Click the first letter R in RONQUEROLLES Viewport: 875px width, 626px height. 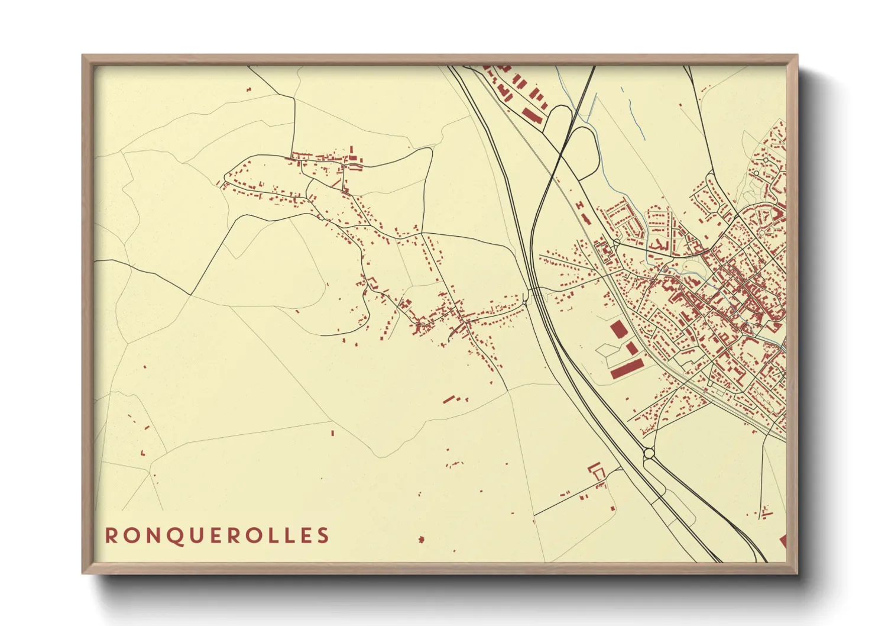(111, 535)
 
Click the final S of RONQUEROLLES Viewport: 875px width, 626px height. (323, 535)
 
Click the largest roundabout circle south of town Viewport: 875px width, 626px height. (649, 454)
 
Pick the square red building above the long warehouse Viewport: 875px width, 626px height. (618, 330)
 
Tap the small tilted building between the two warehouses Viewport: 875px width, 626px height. (631, 348)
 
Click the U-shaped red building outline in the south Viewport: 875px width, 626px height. (597, 470)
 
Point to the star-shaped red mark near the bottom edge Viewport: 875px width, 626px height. (421, 540)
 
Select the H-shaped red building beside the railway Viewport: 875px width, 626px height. (580, 205)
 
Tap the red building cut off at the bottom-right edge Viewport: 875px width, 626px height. (783, 540)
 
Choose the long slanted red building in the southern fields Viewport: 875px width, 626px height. (449, 399)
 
